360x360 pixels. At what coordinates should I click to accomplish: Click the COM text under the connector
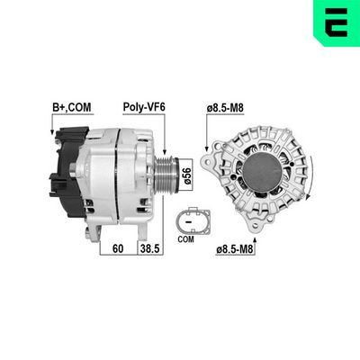187,239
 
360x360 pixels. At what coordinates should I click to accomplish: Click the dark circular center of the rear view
265,172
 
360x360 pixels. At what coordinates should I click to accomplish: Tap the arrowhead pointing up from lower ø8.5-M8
261,232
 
